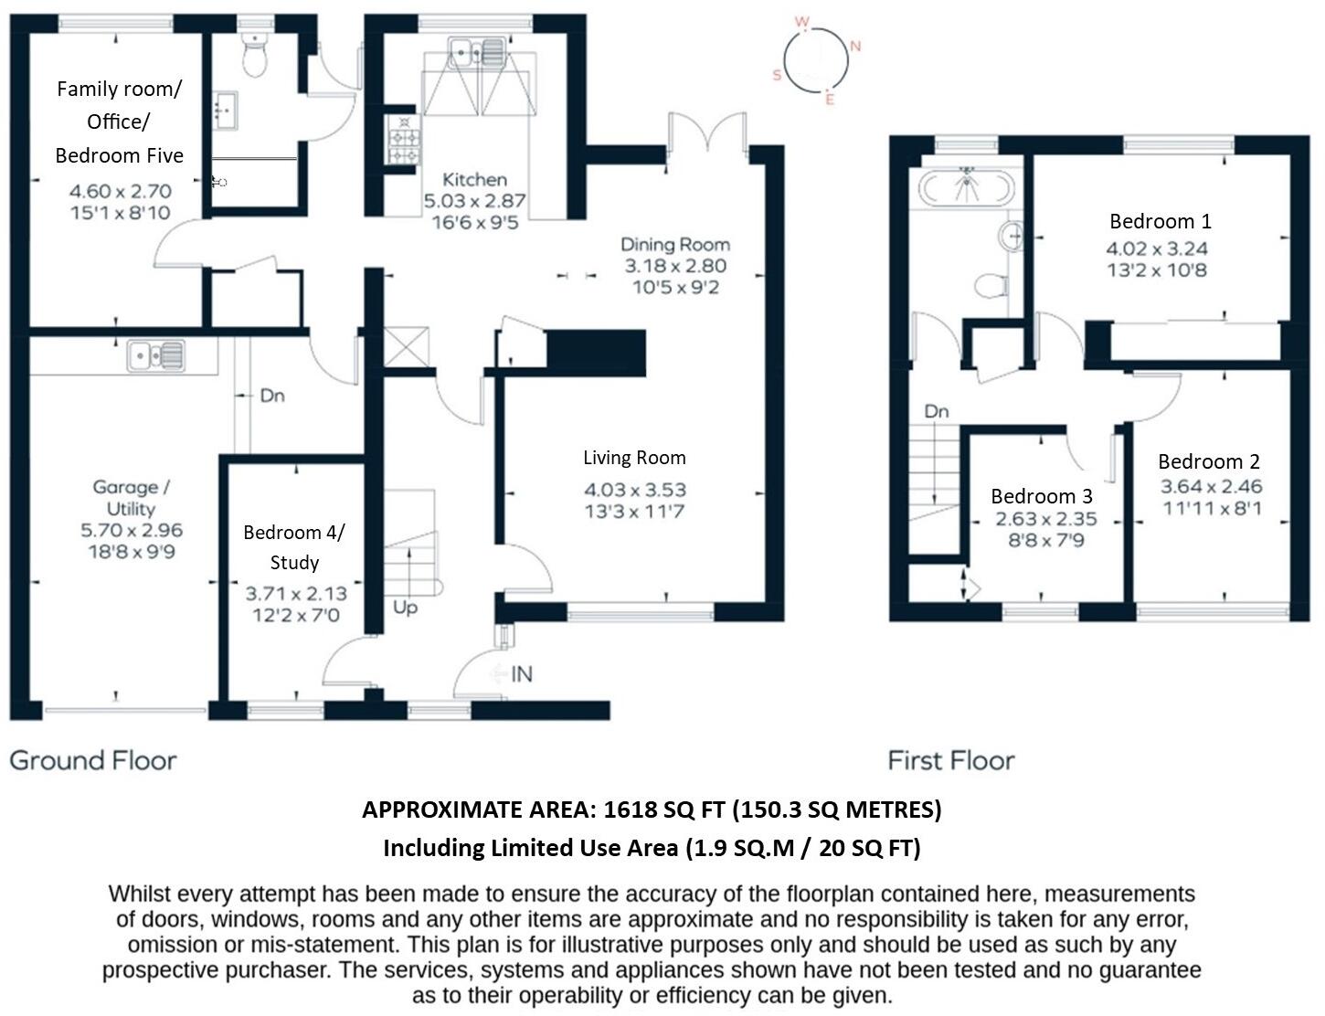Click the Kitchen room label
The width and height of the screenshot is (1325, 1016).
(474, 179)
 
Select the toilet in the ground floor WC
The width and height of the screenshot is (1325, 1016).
(255, 57)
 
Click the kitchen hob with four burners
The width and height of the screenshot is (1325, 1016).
(403, 139)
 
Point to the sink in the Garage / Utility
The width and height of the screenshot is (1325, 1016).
(156, 355)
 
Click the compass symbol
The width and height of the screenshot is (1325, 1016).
(816, 60)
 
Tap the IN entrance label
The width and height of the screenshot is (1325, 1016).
(521, 674)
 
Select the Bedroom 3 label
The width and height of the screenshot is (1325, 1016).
(1041, 496)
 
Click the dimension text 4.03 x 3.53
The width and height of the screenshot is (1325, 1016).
(634, 490)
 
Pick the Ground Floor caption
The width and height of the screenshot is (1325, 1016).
(93, 760)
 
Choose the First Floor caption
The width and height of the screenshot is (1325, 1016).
(950, 760)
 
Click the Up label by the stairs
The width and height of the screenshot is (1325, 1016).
(405, 607)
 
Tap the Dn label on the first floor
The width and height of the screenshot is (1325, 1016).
(936, 411)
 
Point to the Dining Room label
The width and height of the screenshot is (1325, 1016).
(675, 244)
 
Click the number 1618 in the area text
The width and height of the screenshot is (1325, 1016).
(631, 810)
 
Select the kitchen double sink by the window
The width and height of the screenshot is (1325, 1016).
(475, 52)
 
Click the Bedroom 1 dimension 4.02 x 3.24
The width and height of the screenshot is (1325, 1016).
(1157, 249)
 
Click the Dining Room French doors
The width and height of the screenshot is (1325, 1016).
(708, 132)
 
